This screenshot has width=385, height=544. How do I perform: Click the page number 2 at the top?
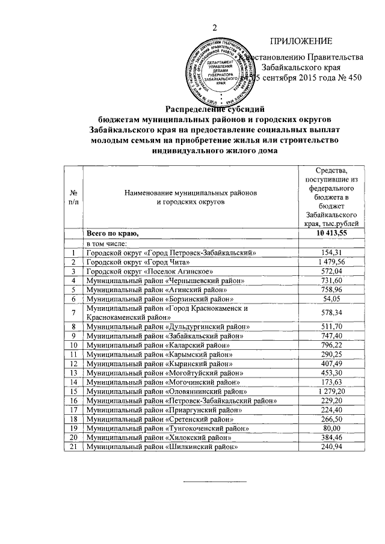pos(214,27)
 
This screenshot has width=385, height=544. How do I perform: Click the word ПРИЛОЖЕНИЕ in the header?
pos(301,40)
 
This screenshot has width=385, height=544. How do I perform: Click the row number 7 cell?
pos(73,313)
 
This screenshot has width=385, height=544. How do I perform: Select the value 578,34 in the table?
pos(329,313)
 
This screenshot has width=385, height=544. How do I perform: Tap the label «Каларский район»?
pos(158,345)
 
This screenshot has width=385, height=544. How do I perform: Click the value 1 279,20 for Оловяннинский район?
pos(329,391)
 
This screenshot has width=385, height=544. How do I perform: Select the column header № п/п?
pos(73,197)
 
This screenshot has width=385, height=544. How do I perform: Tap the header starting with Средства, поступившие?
pos(329,197)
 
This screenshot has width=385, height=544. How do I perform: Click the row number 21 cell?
pos(73,447)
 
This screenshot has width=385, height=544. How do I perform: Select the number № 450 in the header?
pos(350,78)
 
